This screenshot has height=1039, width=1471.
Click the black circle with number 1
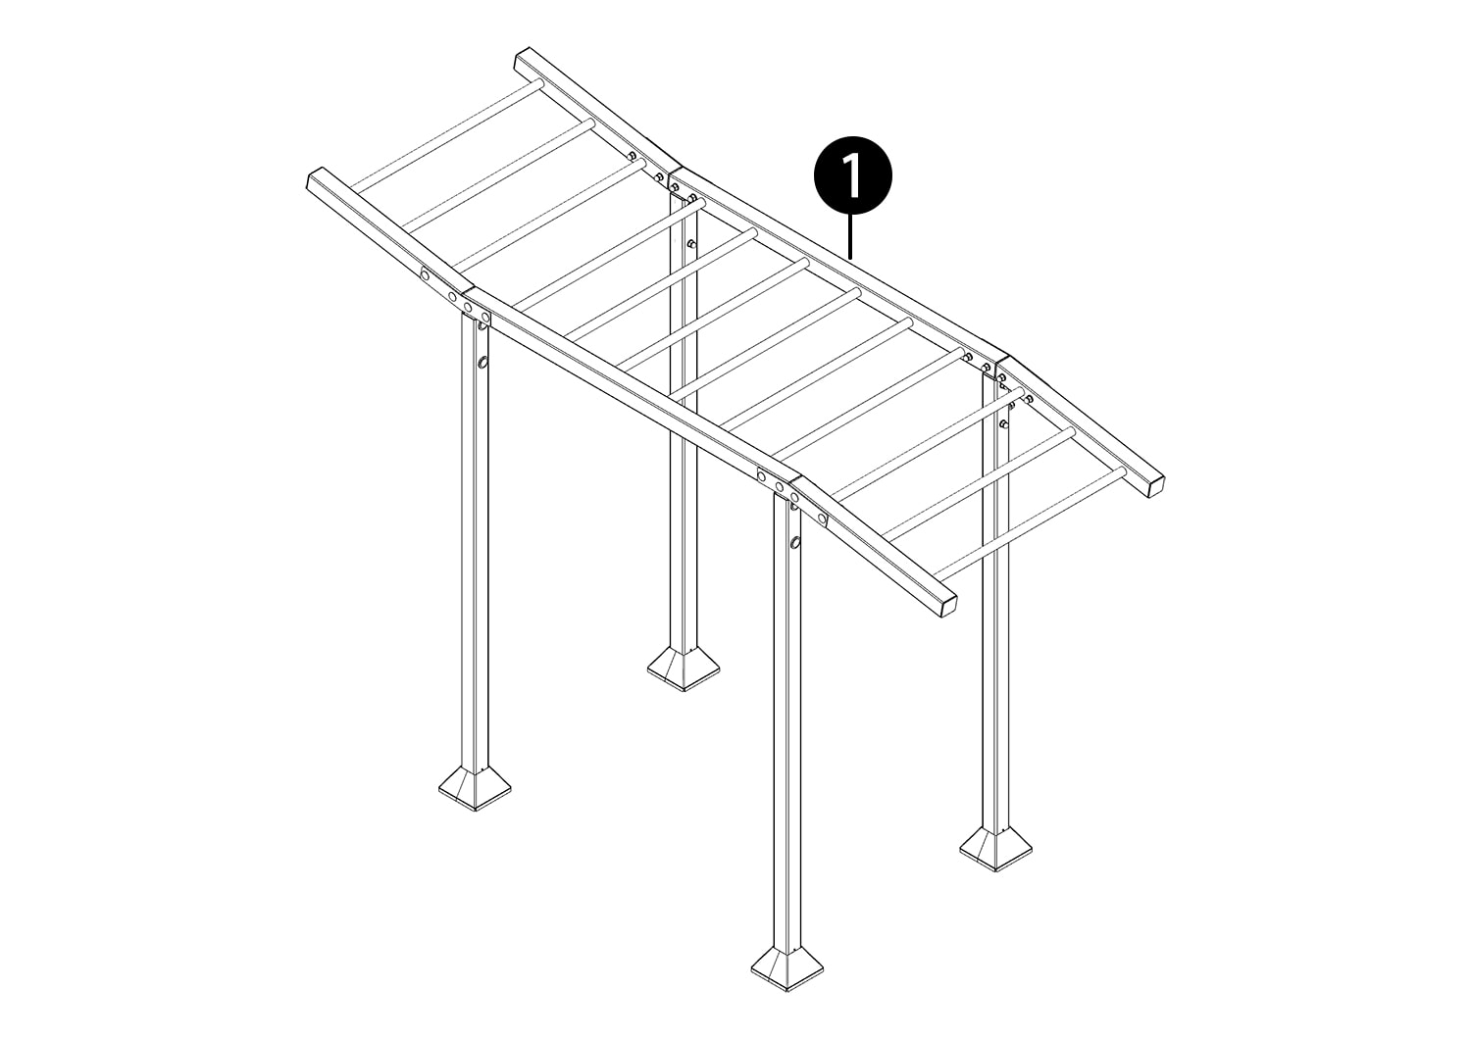(x=853, y=175)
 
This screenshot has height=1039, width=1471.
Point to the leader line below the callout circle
(x=851, y=236)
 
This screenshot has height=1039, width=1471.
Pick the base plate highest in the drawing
(x=683, y=668)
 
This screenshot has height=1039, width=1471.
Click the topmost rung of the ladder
(x=446, y=134)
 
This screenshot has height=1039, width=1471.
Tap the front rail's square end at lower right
(x=946, y=606)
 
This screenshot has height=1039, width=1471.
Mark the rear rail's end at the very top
(x=522, y=58)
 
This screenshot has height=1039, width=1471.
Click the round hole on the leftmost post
(x=482, y=363)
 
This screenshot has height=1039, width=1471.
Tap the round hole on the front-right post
(x=796, y=542)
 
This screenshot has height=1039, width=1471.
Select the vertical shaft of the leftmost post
(x=475, y=541)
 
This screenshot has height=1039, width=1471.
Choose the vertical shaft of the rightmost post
(x=995, y=604)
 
